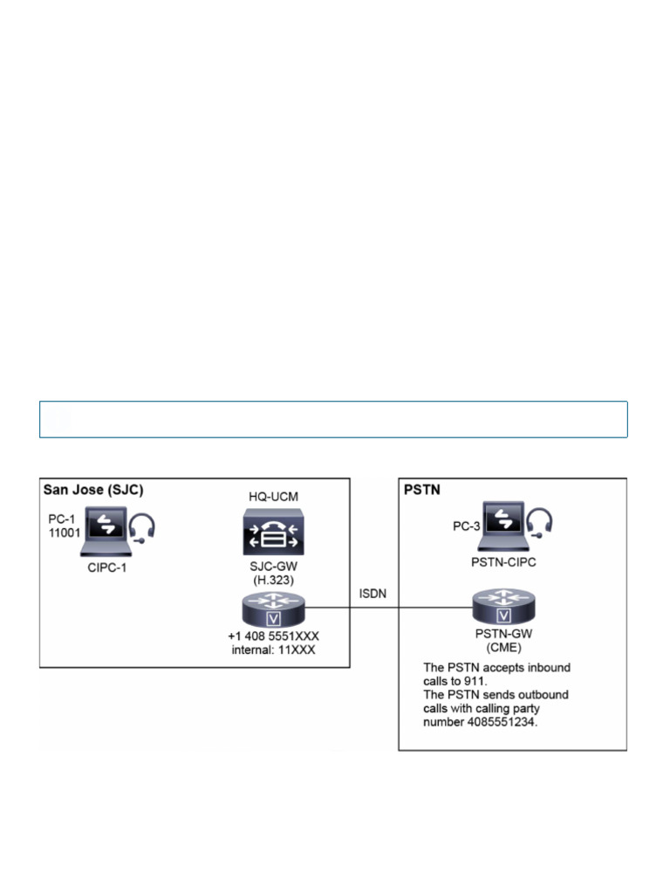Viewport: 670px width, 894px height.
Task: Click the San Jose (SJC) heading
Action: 94,491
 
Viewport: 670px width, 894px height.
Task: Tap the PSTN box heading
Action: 421,491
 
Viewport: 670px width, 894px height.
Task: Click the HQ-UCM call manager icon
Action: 274,533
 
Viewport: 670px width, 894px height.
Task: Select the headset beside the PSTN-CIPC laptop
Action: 541,523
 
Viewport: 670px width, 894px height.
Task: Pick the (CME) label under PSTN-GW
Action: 502,650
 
